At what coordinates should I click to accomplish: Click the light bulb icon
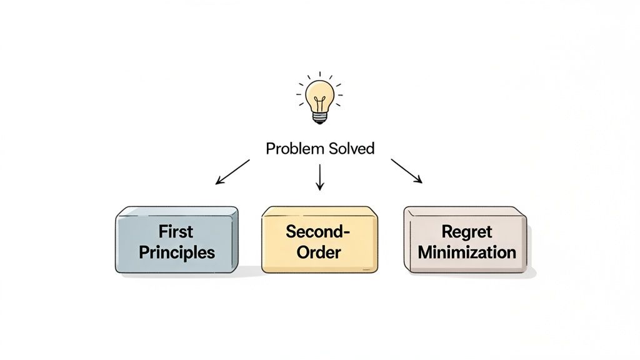[319, 100]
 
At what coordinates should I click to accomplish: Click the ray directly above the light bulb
[319, 74]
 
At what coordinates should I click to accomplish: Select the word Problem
[292, 149]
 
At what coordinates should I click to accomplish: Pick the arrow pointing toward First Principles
[232, 172]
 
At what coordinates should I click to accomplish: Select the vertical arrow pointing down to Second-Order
[320, 176]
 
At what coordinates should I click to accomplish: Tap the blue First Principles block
[176, 241]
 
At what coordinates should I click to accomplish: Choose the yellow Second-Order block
[319, 241]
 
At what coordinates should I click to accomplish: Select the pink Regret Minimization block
[466, 242]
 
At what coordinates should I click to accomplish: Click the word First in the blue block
[176, 232]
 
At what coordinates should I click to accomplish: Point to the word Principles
[176, 252]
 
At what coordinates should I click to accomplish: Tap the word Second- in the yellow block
[317, 231]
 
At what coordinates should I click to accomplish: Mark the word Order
[319, 252]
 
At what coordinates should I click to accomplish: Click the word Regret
[467, 232]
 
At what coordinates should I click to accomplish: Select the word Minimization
[467, 252]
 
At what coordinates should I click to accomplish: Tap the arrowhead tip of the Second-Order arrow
[320, 189]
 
